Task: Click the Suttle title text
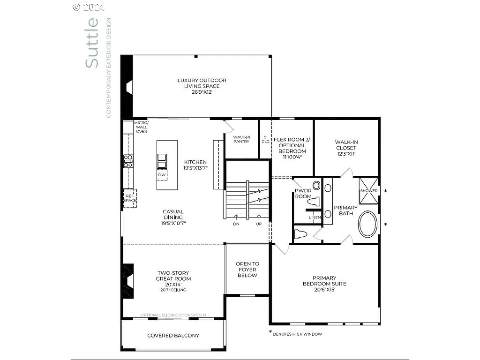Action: point(92,43)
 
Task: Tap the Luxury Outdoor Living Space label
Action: point(202,86)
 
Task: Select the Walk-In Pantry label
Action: point(242,139)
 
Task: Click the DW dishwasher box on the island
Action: point(162,175)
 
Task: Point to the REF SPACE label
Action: point(130,197)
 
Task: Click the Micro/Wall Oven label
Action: point(142,127)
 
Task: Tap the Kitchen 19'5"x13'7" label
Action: point(195,165)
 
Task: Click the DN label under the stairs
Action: point(236,224)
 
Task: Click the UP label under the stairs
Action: point(258,224)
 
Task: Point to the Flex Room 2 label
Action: point(292,148)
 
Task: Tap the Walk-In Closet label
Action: point(346,148)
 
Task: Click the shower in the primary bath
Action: point(368,191)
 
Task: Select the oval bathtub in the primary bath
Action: point(368,225)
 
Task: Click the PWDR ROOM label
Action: point(303,194)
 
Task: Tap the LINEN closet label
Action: point(315,217)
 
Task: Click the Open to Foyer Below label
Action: point(247,270)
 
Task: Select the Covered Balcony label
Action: point(173,335)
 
